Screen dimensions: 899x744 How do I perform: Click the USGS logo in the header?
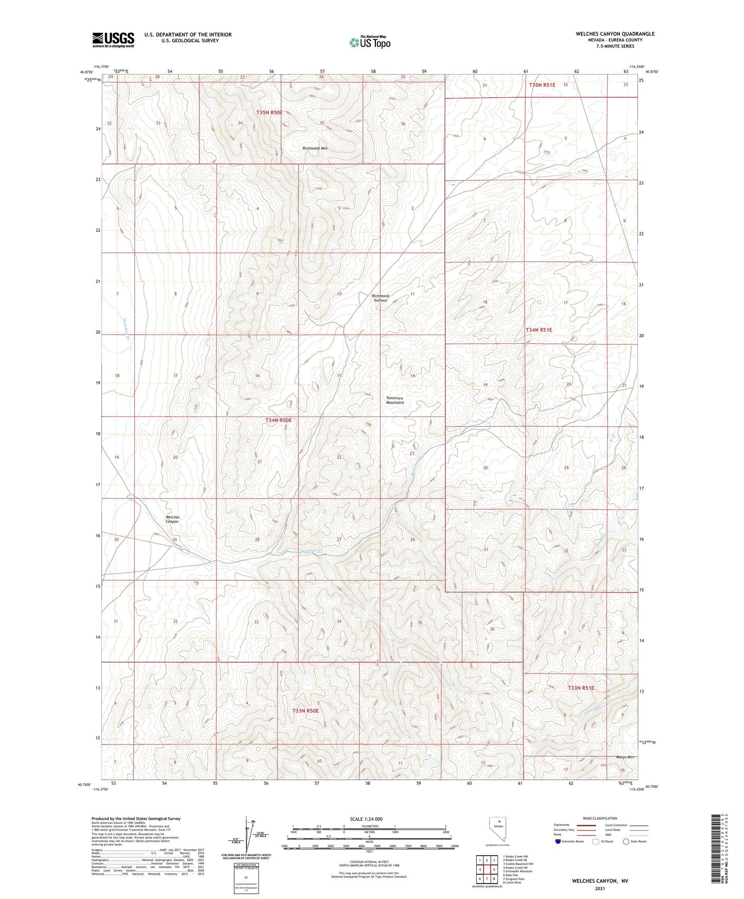pos(113,39)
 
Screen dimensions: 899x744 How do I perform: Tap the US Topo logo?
pos(369,42)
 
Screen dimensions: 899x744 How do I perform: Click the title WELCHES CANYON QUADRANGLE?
pos(615,34)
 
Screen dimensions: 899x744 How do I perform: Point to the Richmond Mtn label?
pos(315,148)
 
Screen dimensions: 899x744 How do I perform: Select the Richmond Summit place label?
pos(380,298)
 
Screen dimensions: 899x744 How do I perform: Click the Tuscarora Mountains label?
pos(395,400)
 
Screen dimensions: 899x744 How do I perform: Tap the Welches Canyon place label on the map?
pos(172,519)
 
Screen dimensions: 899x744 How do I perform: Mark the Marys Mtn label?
pos(625,757)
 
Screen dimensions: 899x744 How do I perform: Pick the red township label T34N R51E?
pos(539,330)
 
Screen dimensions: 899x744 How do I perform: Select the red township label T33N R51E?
pos(581,688)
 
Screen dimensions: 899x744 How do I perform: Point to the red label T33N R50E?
pos(305,711)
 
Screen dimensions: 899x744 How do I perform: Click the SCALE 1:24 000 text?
pos(366,819)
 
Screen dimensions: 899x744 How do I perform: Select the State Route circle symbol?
pos(626,841)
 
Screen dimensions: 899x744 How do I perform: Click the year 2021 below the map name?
pos(600,888)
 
